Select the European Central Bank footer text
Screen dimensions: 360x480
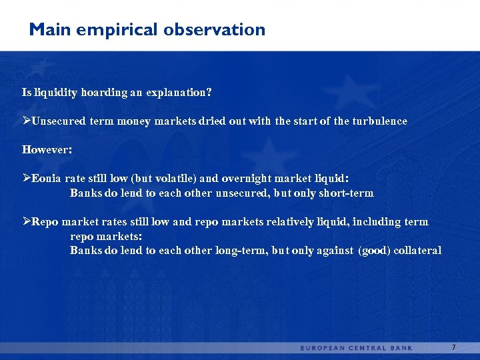356,348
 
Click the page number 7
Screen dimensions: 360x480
453,347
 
